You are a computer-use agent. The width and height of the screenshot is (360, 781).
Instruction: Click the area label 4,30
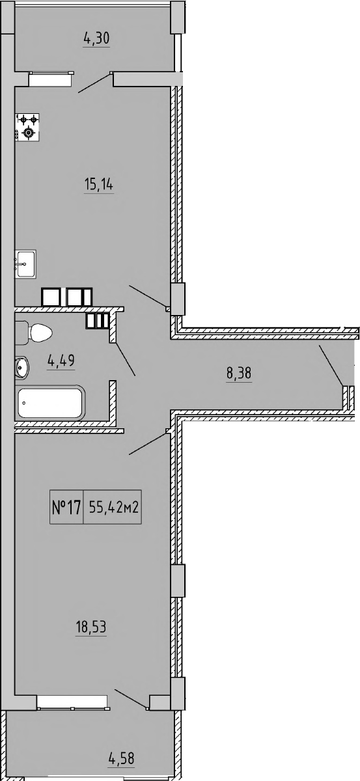point(96,38)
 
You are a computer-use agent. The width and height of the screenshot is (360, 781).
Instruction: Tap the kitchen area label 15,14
point(98,185)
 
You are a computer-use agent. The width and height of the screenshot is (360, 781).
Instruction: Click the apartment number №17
point(65,508)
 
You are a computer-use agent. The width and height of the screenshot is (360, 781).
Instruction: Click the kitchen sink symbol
point(25,264)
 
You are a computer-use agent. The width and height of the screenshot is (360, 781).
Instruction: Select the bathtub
point(50,404)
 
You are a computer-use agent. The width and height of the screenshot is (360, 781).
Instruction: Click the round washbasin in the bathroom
point(21,367)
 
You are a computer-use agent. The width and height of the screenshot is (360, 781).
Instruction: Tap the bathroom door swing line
point(126,359)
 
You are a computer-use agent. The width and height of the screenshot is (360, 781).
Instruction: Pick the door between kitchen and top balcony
point(95,82)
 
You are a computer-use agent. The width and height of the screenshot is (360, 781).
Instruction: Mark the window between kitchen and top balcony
point(49,79)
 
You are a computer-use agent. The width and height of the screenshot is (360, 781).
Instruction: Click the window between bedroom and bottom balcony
point(72,702)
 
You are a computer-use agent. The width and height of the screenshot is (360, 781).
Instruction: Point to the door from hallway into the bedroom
point(149,443)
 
